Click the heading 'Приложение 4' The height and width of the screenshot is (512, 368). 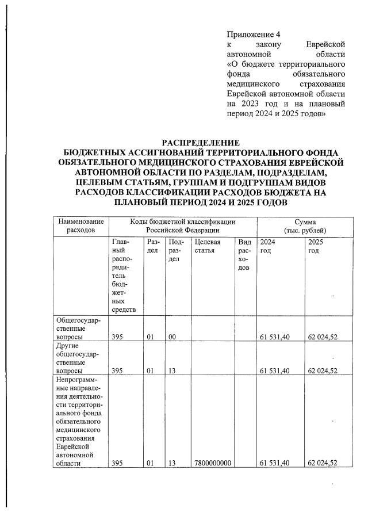pyautogui.click(x=248, y=35)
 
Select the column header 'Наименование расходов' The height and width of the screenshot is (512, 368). pyautogui.click(x=79, y=226)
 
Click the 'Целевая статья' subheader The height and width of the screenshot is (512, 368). pyautogui.click(x=208, y=247)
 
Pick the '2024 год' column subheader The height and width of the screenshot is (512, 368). pyautogui.click(x=268, y=247)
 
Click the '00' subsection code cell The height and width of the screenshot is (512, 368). pyautogui.click(x=171, y=337)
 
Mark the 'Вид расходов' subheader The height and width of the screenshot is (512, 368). pyautogui.click(x=244, y=255)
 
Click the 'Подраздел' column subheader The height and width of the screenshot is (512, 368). pyautogui.click(x=175, y=251)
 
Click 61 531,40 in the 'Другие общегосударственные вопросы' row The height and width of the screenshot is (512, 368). pyautogui.click(x=274, y=370)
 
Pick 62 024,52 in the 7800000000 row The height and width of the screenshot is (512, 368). pyautogui.click(x=322, y=463)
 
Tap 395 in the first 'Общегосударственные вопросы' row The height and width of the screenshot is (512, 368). pyautogui.click(x=117, y=337)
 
